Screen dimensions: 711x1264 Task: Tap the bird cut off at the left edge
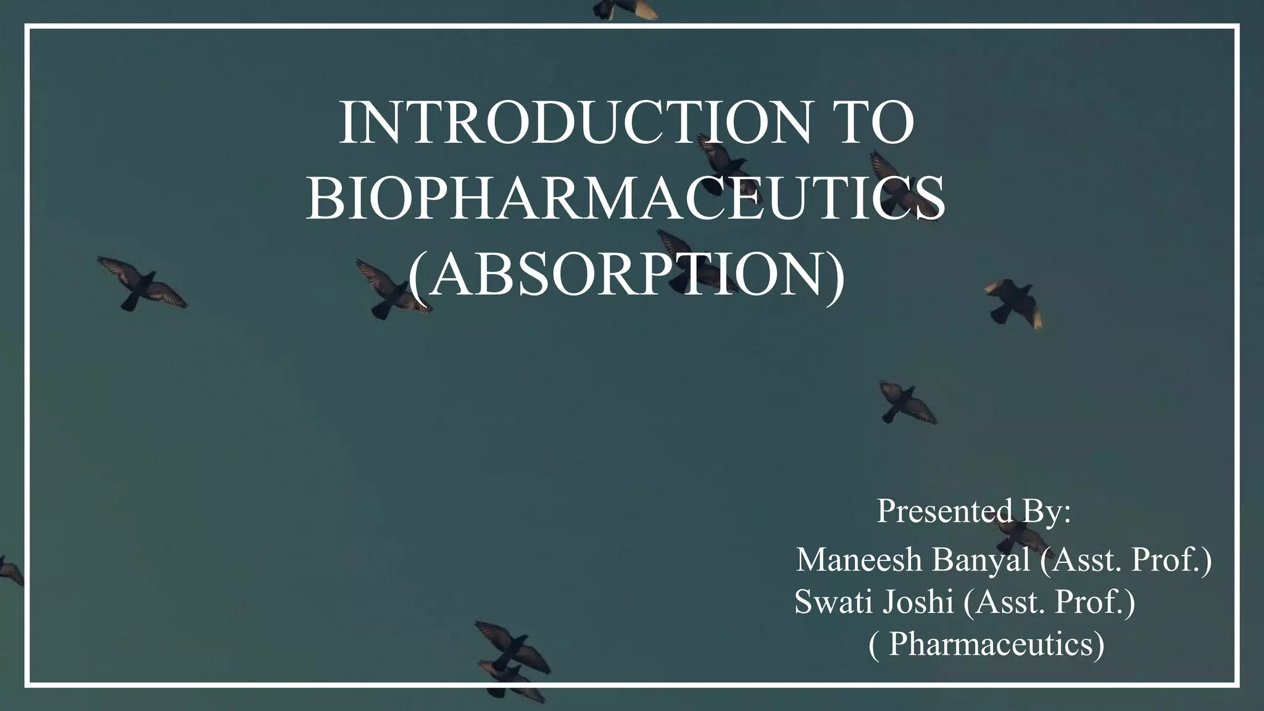point(9,570)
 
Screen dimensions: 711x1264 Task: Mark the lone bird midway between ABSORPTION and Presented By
point(906,402)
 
